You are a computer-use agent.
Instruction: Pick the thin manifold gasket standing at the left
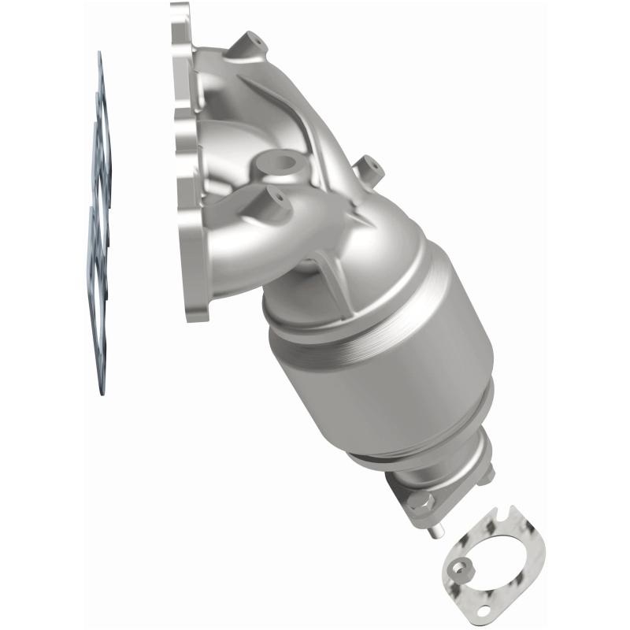(x=98, y=220)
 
